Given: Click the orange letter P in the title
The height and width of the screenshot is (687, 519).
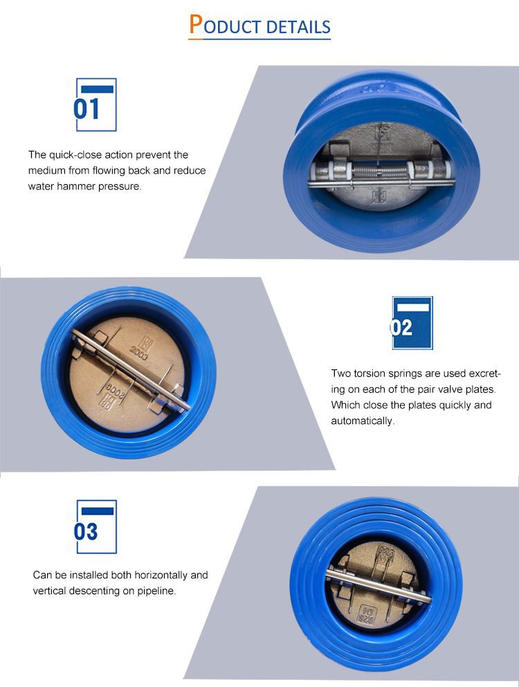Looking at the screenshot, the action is [x=196, y=24].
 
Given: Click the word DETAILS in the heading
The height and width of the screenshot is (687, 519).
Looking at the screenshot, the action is [x=298, y=27].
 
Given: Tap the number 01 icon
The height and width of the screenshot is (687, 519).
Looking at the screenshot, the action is [x=96, y=104].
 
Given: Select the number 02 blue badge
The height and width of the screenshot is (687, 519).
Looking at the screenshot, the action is [x=412, y=323].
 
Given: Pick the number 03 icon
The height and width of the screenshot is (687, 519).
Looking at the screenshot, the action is [x=96, y=526].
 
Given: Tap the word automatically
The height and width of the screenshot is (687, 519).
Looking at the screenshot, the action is [x=363, y=421].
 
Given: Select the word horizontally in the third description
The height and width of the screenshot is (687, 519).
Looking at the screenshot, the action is [x=161, y=575].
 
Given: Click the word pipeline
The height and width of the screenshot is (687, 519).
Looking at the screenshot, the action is [x=156, y=591].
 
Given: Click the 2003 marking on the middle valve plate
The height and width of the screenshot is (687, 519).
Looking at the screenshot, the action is [x=139, y=352].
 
